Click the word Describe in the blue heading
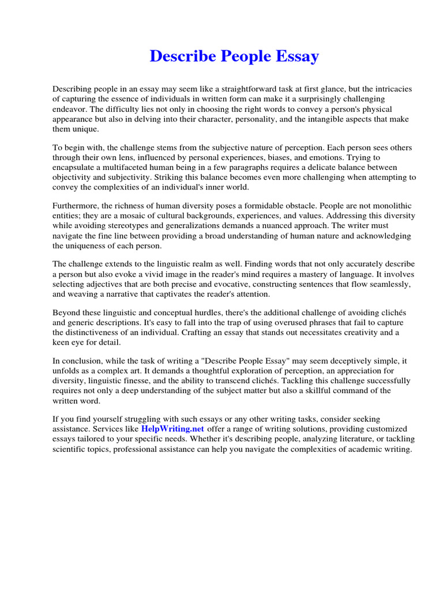tap(178, 56)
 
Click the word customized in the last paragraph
tap(386, 429)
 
